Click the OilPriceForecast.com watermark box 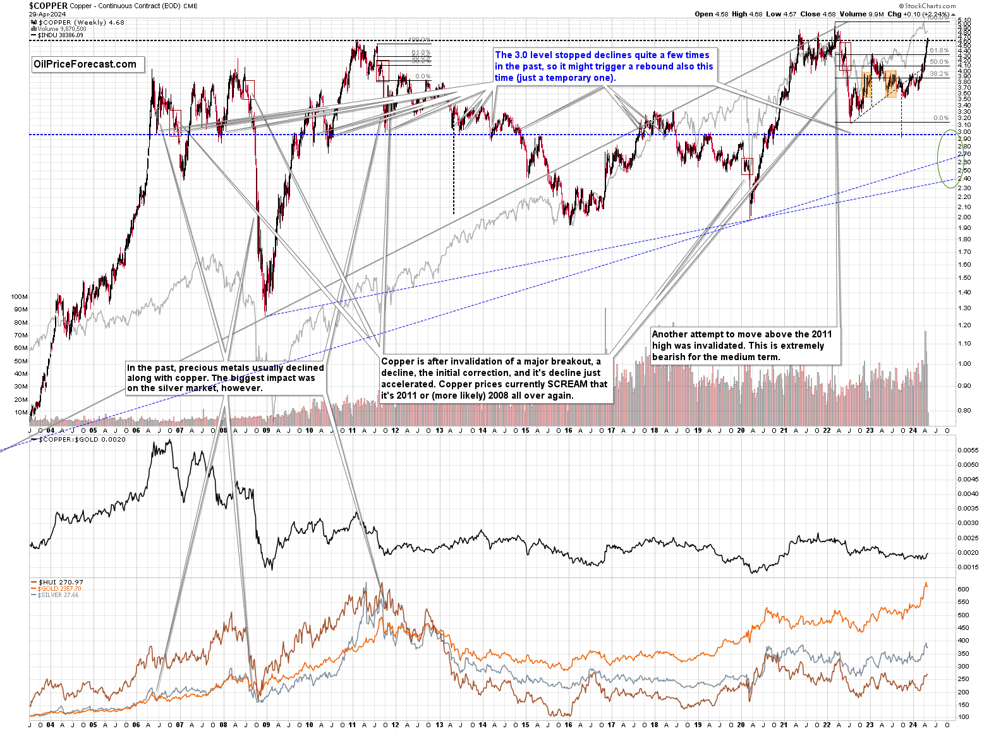pos(85,64)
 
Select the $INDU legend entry pos(60,35)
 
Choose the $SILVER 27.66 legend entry pos(58,595)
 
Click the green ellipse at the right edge pos(948,159)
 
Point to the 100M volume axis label pos(20,296)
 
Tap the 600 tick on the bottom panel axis pos(963,589)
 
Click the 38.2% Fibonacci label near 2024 pos(940,74)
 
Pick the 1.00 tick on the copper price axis pos(964,364)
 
